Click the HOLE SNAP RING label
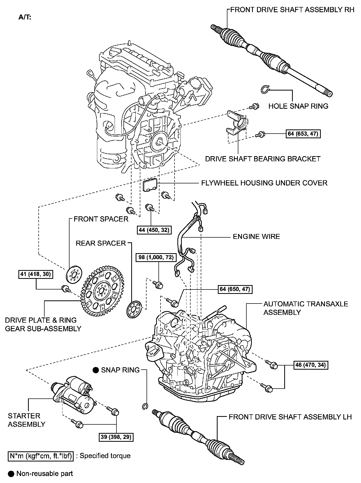[x=298, y=106]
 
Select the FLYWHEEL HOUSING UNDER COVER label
[x=264, y=183]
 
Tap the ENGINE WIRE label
[x=256, y=237]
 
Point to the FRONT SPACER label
[x=101, y=219]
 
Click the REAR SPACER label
[x=101, y=243]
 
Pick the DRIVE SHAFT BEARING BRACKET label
[x=263, y=159]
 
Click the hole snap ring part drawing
[x=265, y=89]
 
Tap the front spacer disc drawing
[x=74, y=274]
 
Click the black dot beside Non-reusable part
[x=11, y=474]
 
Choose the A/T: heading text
[x=25, y=18]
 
